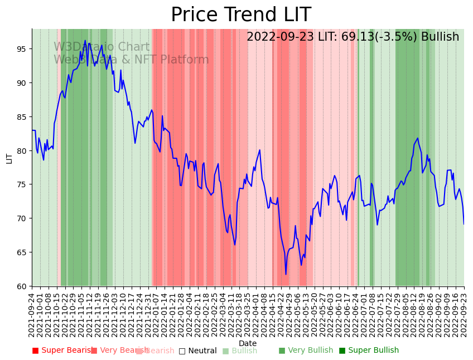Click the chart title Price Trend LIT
(240, 15)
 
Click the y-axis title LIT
(9, 158)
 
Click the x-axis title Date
(248, 343)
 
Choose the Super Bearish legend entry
(62, 351)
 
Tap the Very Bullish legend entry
(305, 351)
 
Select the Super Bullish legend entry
(369, 351)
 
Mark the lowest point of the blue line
(286, 274)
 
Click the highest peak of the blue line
(85, 40)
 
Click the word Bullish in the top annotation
(440, 37)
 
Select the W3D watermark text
(65, 47)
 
